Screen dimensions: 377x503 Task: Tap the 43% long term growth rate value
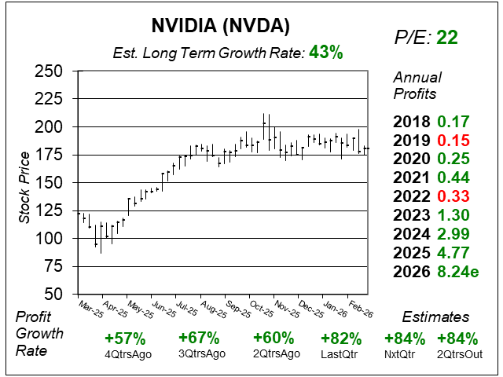pos(325,53)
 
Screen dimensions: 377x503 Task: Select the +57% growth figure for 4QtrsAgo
pos(125,339)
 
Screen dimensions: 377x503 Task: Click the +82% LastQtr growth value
pos(341,339)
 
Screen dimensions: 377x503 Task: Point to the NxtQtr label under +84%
pos(405,354)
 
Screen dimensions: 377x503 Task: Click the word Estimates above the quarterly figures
pos(435,317)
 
